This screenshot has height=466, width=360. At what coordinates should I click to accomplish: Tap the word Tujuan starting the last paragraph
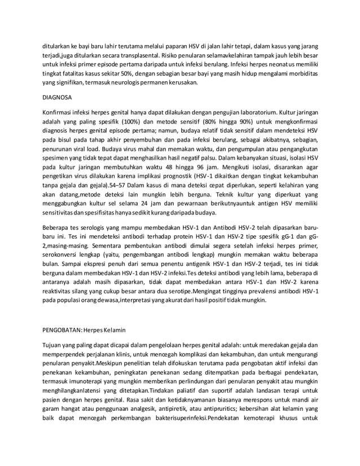55,344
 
